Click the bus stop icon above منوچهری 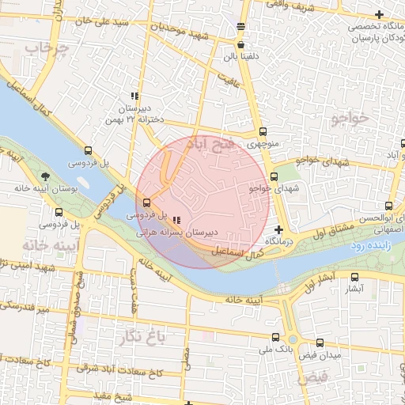coord(263,132)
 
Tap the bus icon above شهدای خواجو coord(274,176)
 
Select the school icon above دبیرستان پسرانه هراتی coord(176,221)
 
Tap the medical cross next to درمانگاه coord(278,229)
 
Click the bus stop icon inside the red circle coord(145,202)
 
